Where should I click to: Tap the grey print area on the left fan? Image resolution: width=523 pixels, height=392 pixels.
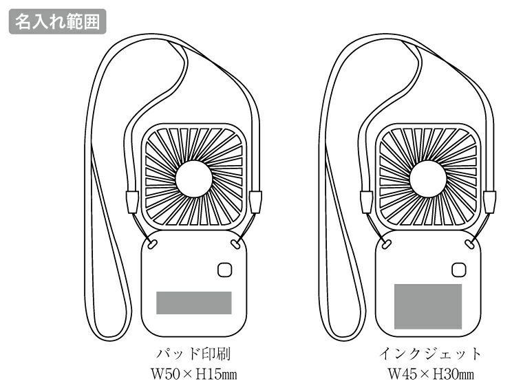point(193,303)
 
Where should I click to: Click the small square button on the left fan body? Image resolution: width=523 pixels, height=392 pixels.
point(225,270)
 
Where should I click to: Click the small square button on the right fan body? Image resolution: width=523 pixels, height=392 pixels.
point(459,270)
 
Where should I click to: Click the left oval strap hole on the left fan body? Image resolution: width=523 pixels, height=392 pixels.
point(152,243)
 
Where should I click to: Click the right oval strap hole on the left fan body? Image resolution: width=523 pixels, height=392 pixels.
point(235,243)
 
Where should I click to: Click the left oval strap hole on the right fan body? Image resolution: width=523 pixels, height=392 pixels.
point(386,243)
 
